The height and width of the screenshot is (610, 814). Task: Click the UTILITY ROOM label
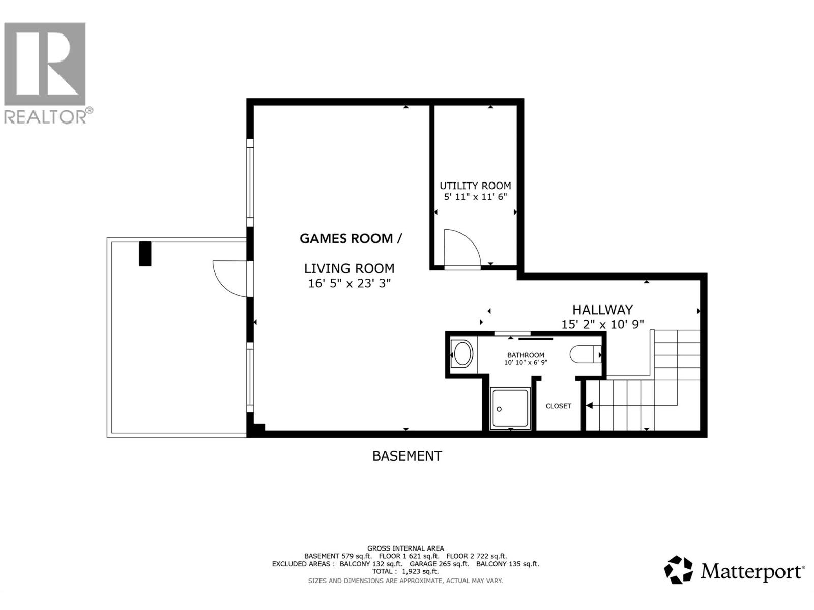tap(475, 186)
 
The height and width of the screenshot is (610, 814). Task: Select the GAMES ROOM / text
tap(350, 238)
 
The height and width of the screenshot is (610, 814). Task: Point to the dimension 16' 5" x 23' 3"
tap(349, 283)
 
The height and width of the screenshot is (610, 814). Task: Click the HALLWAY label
tap(602, 310)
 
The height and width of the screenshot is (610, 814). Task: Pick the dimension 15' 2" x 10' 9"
tap(602, 324)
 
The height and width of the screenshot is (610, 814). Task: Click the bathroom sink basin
tap(463, 354)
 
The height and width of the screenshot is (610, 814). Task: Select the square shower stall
tap(510, 408)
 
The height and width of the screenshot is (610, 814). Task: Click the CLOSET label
tap(558, 406)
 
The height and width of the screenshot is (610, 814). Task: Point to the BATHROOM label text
tap(526, 355)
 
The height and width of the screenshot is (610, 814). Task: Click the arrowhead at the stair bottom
tap(589, 405)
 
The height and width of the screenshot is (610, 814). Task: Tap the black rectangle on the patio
tap(145, 253)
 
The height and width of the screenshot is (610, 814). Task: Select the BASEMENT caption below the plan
tap(407, 456)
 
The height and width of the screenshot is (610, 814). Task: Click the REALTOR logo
tap(46, 71)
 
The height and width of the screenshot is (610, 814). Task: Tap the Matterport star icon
tap(679, 570)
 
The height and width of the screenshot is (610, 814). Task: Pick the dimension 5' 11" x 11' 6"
tap(475, 197)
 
